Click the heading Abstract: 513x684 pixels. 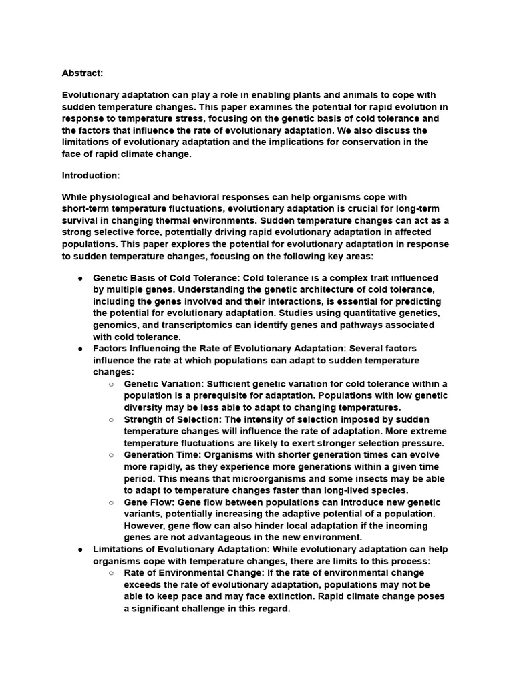pos(83,73)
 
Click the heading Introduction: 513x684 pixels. pos(91,176)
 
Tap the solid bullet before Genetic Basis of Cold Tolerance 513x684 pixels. pos(80,277)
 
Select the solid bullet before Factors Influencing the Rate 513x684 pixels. pos(80,349)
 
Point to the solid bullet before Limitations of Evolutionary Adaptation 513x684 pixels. pos(80,549)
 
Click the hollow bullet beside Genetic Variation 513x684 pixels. pos(111,384)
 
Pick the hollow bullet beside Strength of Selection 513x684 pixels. pos(111,419)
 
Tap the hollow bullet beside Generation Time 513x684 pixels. pos(111,455)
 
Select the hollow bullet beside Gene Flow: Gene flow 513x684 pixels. pos(111,502)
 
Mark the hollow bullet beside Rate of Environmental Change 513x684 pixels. pos(111,573)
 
